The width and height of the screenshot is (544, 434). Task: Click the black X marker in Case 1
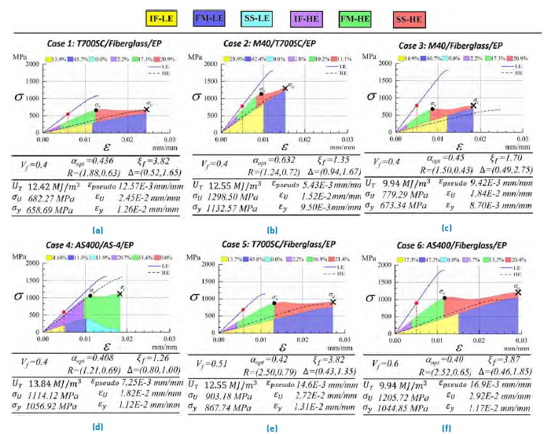tap(146, 109)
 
